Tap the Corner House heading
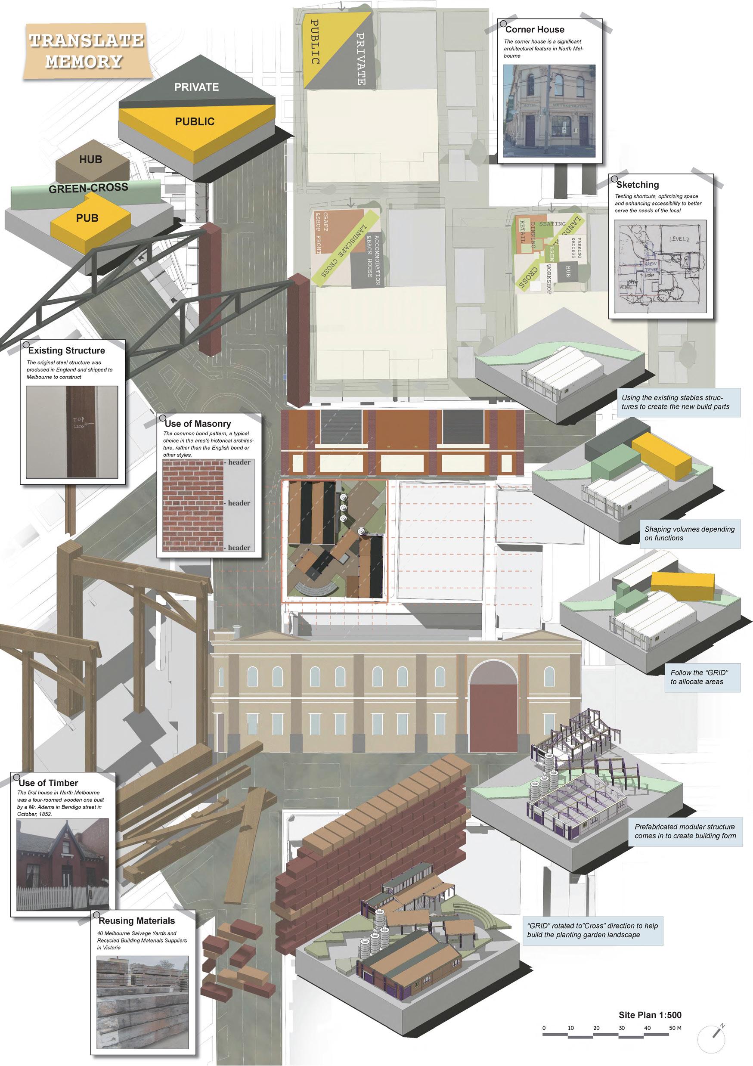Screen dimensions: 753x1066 pyautogui.click(x=534, y=30)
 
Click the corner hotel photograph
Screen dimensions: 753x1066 pyautogui.click(x=549, y=111)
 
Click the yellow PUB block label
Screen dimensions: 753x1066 pyautogui.click(x=87, y=218)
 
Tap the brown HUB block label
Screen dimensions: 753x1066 pyautogui.click(x=90, y=160)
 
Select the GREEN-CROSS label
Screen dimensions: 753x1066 pyautogui.click(x=88, y=189)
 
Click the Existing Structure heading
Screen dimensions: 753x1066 pyautogui.click(x=66, y=350)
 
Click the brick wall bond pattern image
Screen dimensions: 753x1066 pyautogui.click(x=194, y=505)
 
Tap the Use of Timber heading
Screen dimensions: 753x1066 pyautogui.click(x=48, y=783)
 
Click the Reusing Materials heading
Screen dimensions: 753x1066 pyautogui.click(x=136, y=920)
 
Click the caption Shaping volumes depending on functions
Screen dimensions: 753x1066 pyautogui.click(x=689, y=533)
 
